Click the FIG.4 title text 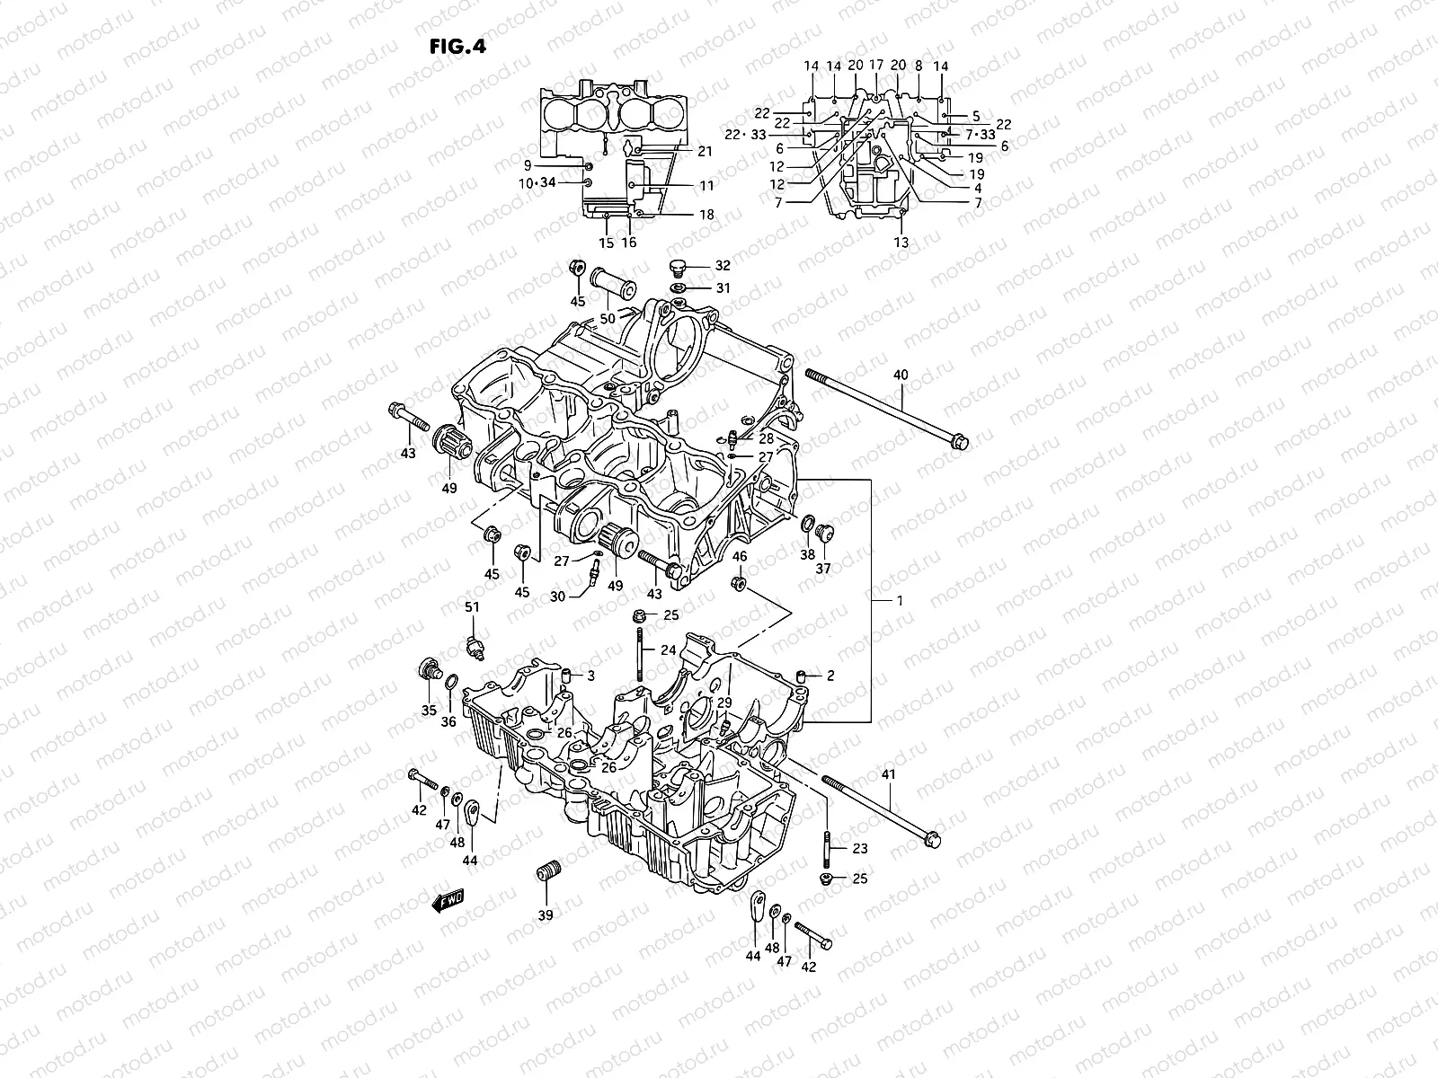pos(457,47)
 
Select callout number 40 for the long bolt pos(901,375)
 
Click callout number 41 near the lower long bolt pos(889,775)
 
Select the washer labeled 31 pos(680,287)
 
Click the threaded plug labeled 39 pos(546,872)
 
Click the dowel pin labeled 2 pos(801,676)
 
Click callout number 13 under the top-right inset pos(901,243)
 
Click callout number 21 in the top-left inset pos(705,152)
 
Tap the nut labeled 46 pos(739,584)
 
